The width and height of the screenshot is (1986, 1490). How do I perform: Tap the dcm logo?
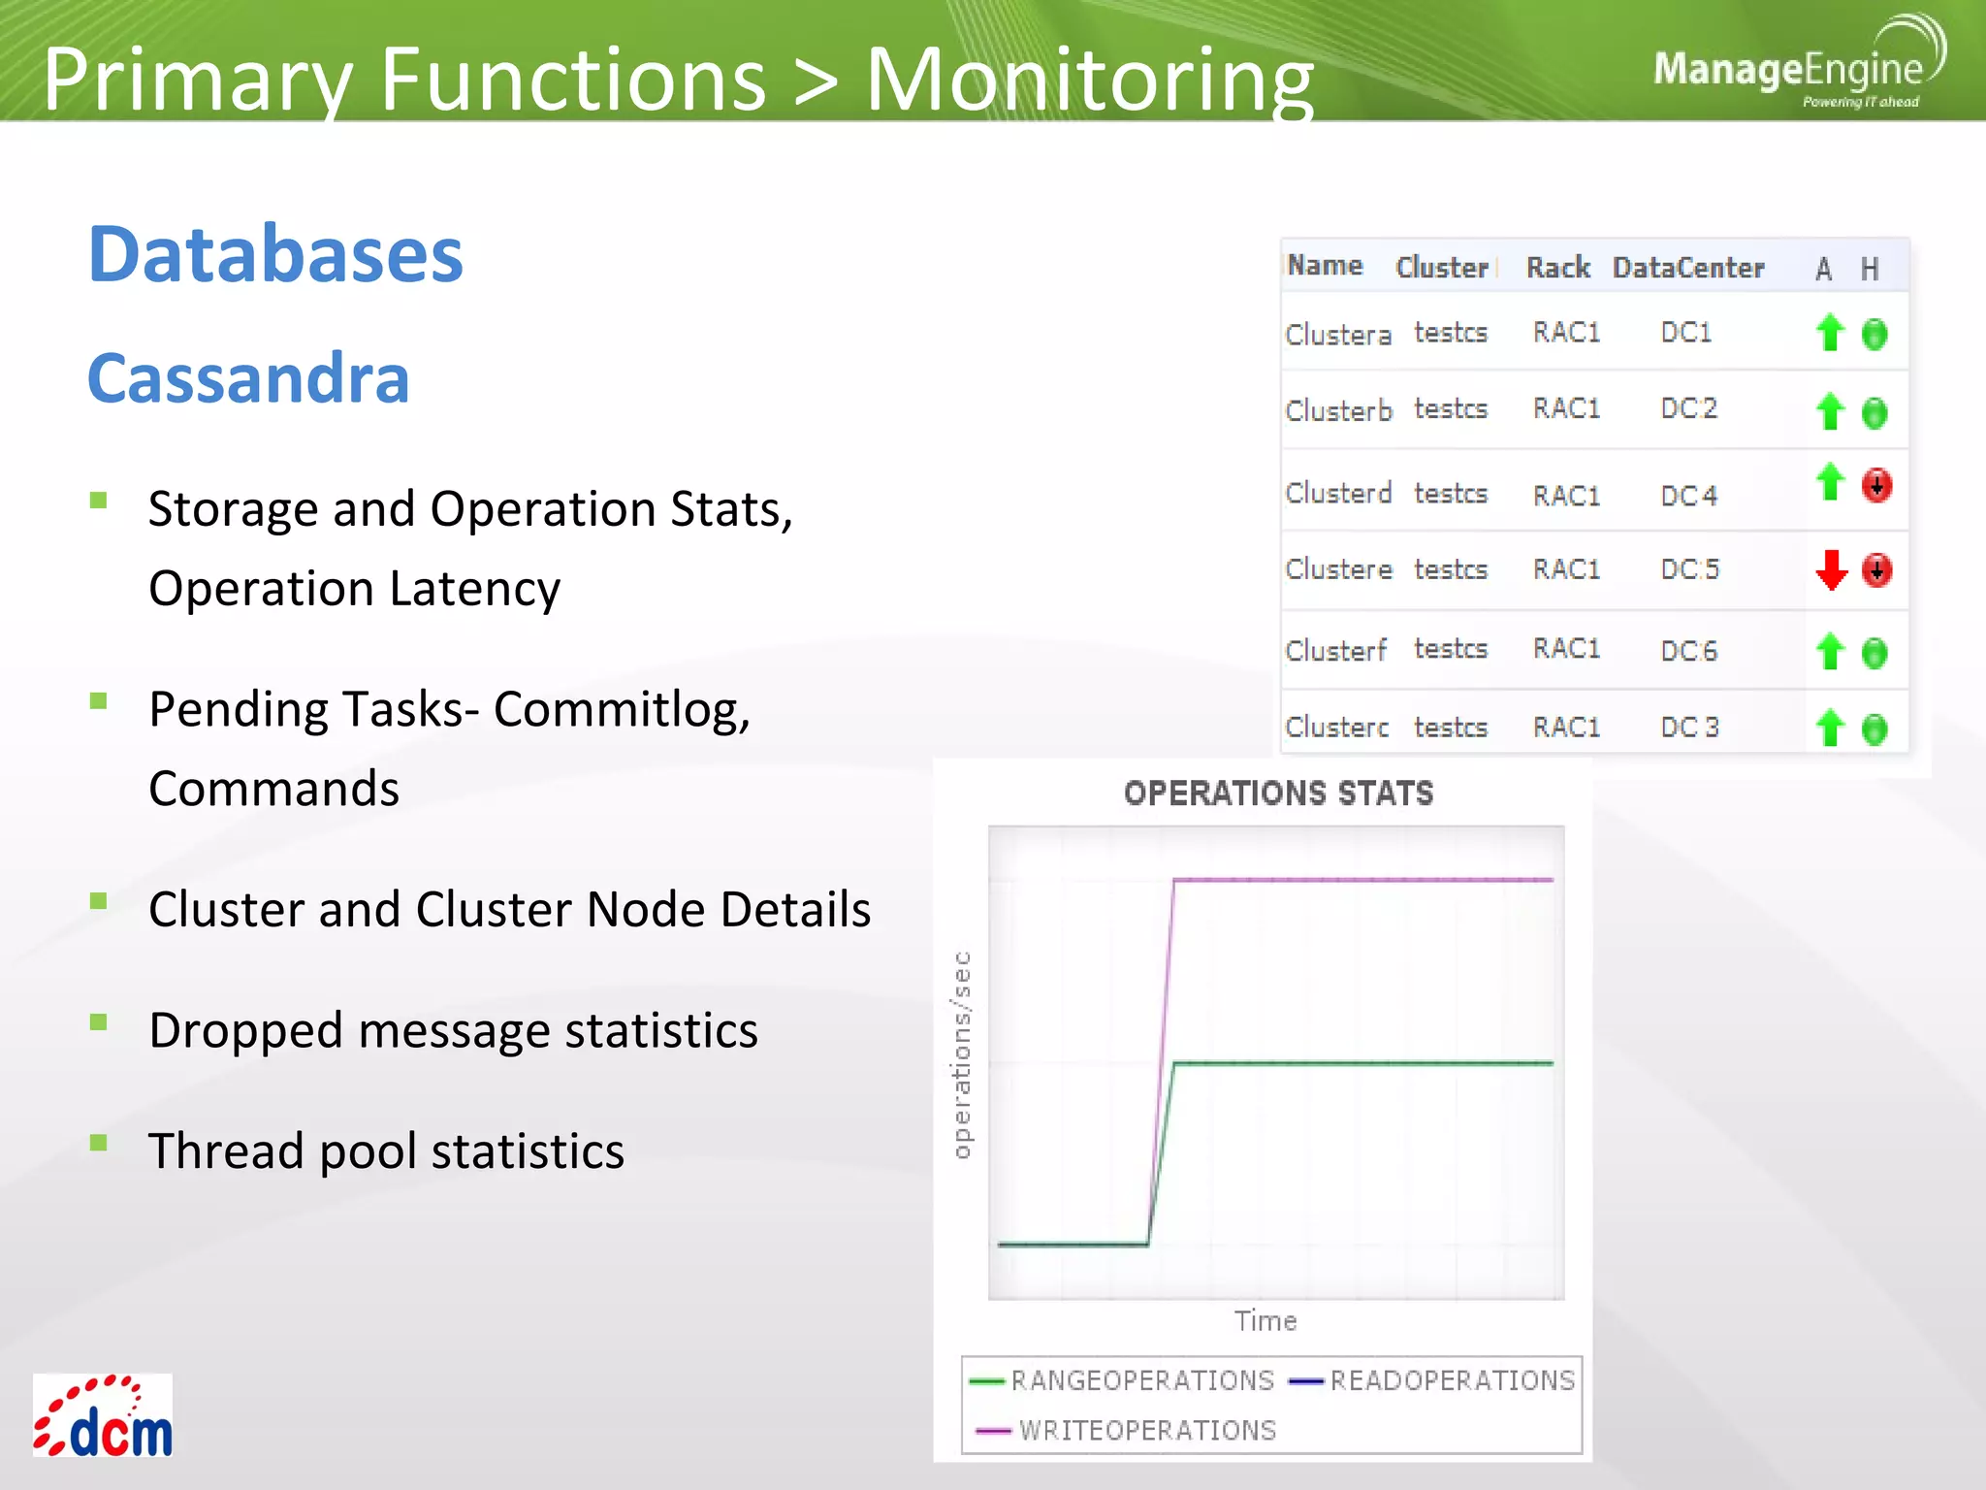coord(103,1416)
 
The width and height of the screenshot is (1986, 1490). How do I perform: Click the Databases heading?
coord(275,254)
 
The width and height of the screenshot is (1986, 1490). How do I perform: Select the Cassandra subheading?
coord(248,378)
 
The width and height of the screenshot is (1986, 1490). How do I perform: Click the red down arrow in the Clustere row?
coord(1831,569)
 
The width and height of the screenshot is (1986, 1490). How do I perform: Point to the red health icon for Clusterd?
coord(1876,484)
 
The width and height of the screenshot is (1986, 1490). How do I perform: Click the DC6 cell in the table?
coord(1688,651)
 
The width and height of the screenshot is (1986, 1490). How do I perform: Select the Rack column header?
coord(1557,268)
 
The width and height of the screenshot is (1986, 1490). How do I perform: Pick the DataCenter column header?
coord(1687,268)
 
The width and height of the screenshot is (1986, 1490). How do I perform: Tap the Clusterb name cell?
coord(1338,411)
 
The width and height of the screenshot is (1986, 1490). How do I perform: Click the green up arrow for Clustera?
coord(1829,333)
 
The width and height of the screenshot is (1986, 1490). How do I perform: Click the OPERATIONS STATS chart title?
coord(1278,794)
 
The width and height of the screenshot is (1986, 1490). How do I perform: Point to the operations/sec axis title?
coord(961,1054)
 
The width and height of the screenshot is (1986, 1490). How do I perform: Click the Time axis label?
coord(1265,1321)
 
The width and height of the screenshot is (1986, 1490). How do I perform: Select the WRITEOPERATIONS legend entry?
coord(1146,1431)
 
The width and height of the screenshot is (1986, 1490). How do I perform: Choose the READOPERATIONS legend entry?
coord(1451,1380)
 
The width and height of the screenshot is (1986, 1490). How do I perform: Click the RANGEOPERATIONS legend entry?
coord(1141,1380)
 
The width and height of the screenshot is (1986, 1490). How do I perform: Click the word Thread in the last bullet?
coord(226,1151)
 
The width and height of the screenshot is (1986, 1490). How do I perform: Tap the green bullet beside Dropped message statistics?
coord(98,1021)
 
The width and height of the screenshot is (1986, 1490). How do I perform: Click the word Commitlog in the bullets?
coord(621,710)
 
